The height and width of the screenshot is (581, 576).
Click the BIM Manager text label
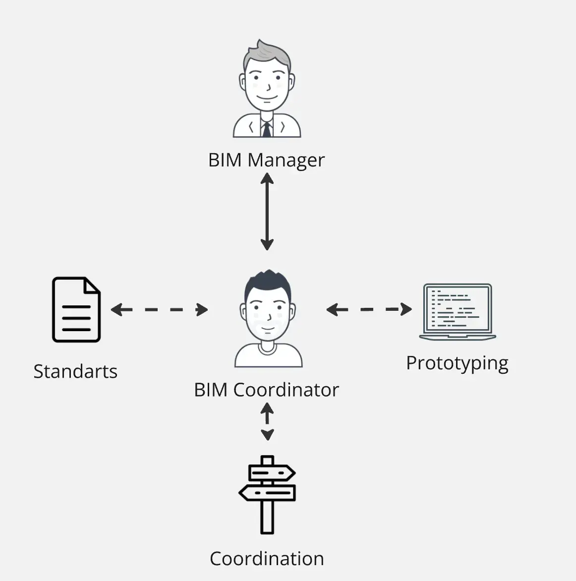266,160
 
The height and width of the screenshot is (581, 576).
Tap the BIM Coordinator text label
266,390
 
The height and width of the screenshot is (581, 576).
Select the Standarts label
75,371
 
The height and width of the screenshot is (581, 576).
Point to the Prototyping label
457,363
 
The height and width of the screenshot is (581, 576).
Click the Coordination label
267,559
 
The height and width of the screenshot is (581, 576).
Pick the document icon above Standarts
76,309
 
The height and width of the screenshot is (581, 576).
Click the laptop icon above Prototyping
457,311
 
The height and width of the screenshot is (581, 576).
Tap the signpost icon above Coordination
267,494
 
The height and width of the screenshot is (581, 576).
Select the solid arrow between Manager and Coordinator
267,212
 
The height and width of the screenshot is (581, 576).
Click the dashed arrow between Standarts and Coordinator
159,310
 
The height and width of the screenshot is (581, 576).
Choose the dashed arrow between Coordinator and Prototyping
369,309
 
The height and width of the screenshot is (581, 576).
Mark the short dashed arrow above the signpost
267,421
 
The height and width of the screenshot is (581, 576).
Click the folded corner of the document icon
92,286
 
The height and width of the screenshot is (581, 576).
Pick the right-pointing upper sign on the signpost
271,473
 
